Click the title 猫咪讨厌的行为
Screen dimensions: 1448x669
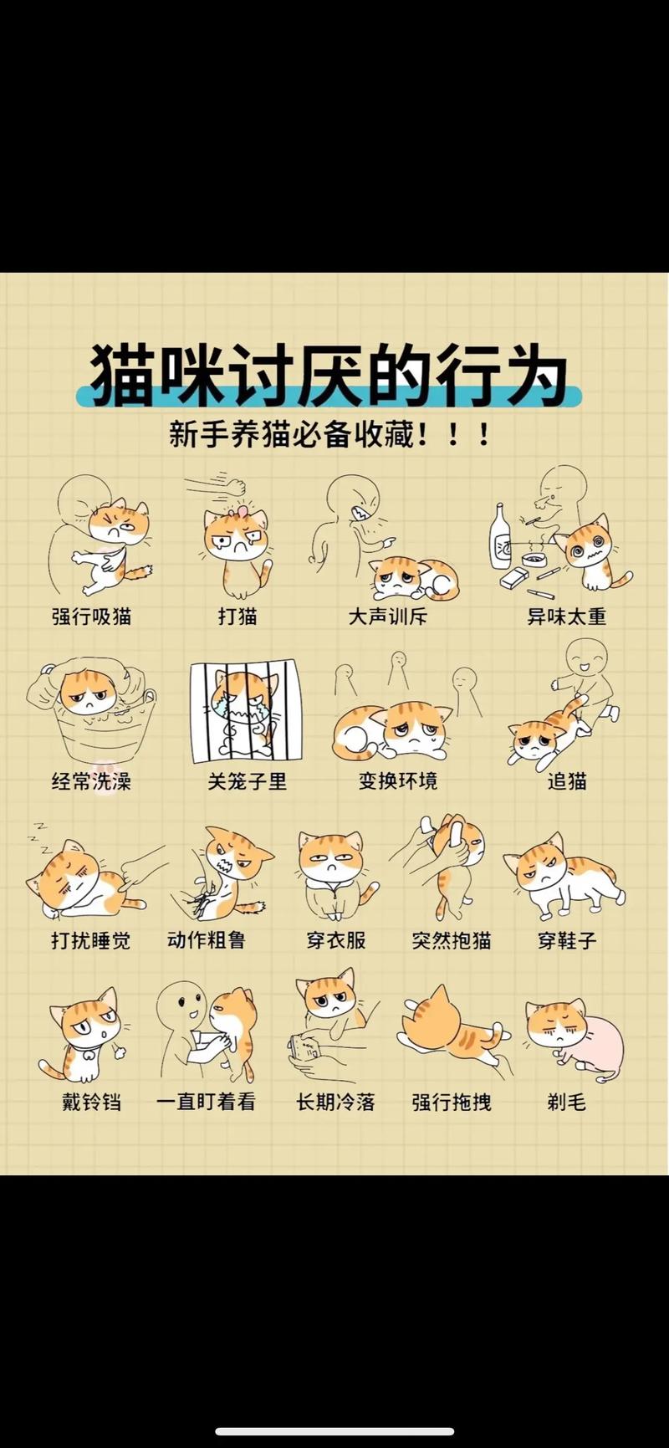(328, 374)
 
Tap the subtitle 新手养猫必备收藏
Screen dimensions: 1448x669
(328, 434)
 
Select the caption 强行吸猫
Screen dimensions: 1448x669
(92, 617)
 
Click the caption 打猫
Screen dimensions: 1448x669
(237, 617)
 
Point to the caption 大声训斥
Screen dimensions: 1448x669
(387, 617)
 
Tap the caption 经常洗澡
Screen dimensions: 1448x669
(92, 781)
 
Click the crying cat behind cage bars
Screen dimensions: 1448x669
(245, 711)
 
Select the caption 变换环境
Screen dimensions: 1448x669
(398, 781)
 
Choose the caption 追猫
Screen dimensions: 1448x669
(567, 781)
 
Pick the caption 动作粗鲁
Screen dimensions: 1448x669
(206, 940)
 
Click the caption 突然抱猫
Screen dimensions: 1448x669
(451, 940)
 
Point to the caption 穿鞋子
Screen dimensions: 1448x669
(567, 940)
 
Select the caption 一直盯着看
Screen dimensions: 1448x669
(206, 1102)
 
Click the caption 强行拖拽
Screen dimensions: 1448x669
(451, 1102)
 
